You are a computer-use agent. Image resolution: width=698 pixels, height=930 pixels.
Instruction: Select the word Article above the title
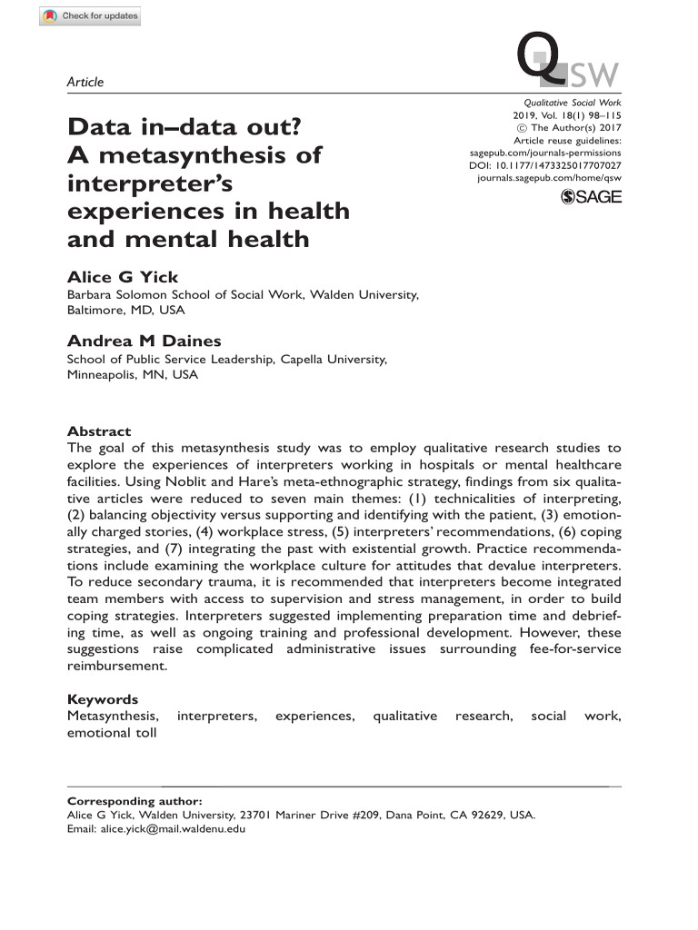click(85, 82)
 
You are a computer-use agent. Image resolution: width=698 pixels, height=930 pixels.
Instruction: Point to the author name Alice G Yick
click(123, 277)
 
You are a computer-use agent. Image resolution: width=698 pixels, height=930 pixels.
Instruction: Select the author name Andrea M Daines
click(145, 341)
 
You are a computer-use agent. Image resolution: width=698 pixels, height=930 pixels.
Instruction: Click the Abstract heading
click(99, 431)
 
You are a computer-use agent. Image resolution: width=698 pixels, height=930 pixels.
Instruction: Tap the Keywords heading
click(103, 699)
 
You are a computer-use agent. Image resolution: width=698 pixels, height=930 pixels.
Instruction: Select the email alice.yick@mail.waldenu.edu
click(172, 827)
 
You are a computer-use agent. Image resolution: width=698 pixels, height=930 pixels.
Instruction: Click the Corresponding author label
click(135, 801)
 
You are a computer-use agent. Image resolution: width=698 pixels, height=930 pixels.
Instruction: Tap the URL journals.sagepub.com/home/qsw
click(549, 179)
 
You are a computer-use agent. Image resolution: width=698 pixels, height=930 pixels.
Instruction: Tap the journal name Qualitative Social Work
click(573, 104)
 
